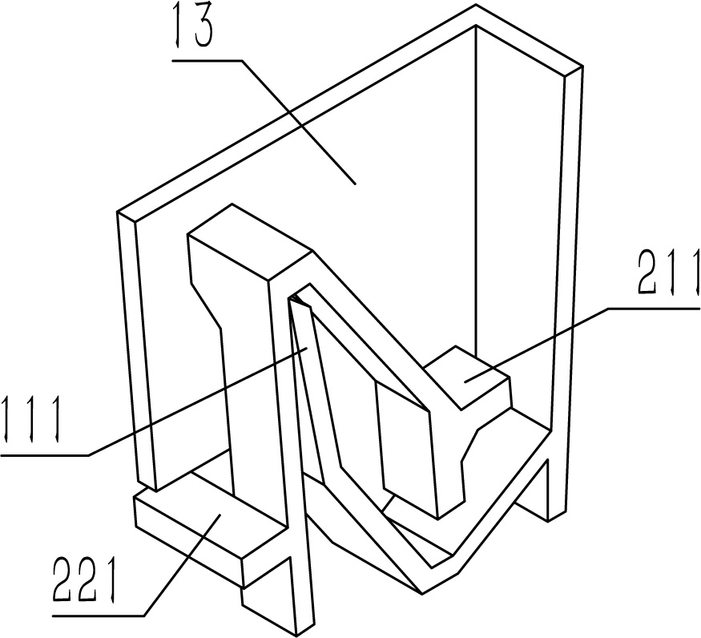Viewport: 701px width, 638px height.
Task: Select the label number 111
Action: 30,420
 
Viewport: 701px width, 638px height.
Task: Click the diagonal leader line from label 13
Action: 298,122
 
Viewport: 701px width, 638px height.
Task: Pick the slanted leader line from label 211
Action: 537,345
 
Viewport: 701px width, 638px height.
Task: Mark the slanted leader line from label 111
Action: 197,402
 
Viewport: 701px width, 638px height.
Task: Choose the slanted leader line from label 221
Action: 182,566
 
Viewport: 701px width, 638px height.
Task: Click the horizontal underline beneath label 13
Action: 207,59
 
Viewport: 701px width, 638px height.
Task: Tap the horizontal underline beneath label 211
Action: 654,308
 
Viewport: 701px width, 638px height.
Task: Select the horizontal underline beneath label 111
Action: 45,455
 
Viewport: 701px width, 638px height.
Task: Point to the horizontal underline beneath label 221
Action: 99,616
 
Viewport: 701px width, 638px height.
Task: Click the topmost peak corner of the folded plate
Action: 475,6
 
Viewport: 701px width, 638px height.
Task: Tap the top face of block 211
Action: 465,377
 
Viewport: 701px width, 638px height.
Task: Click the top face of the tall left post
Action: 249,242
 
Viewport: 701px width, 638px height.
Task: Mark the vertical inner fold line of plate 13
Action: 477,189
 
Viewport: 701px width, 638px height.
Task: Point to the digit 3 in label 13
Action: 202,29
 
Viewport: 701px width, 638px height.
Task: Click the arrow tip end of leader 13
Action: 356,184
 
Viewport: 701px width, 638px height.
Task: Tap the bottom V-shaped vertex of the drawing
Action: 422,595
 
